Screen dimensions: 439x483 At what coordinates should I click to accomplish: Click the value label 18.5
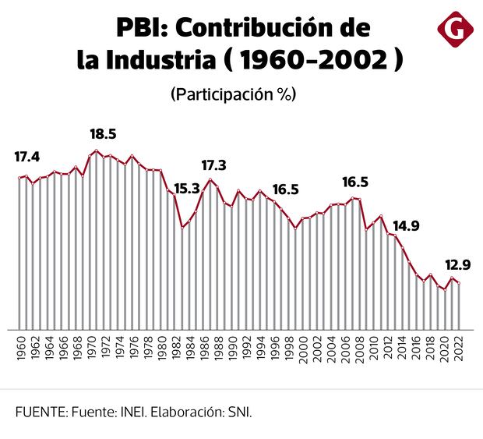point(103,133)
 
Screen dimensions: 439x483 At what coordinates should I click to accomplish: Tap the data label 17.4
point(27,157)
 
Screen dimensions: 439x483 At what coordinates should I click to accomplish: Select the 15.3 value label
point(187,188)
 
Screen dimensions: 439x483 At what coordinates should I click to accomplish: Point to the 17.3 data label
point(213,165)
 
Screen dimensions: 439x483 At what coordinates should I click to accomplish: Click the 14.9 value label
point(406,227)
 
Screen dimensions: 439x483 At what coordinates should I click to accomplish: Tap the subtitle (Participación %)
point(233,94)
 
